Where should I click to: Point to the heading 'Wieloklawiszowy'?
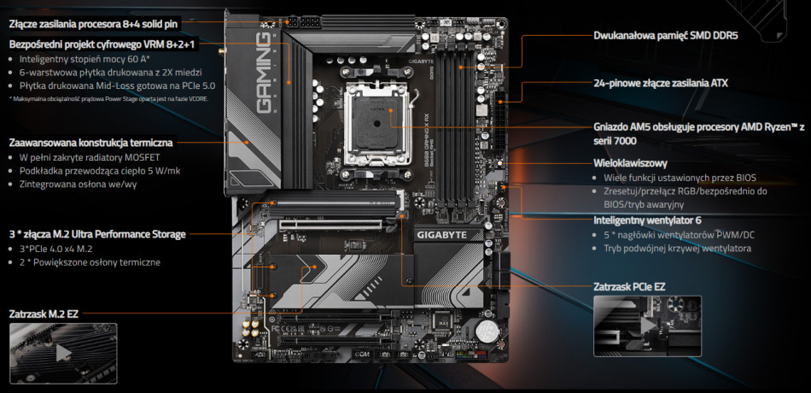pyautogui.click(x=629, y=162)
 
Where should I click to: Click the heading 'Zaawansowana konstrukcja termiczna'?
pyautogui.click(x=91, y=142)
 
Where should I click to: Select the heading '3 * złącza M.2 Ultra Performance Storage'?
pyautogui.click(x=96, y=233)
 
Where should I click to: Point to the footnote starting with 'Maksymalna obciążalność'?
pyautogui.click(x=108, y=98)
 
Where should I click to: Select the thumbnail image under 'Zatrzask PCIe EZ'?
pyautogui.click(x=646, y=326)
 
